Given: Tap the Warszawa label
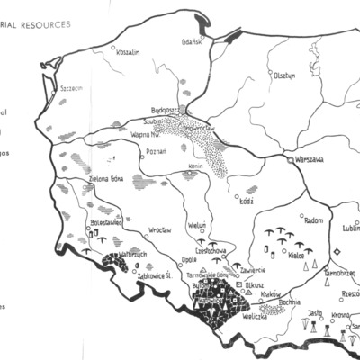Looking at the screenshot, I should [x=304, y=159].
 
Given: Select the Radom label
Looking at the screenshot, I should [x=289, y=220].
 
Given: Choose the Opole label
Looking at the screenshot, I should [x=189, y=259].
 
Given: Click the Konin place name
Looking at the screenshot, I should [x=199, y=166].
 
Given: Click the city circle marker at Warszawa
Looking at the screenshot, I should [x=287, y=160].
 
